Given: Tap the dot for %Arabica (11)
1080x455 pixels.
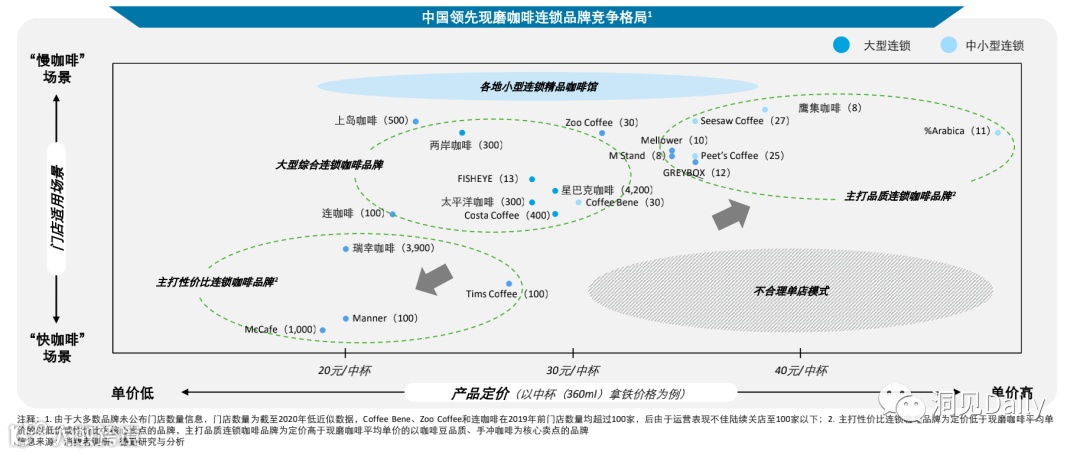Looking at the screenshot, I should click(x=997, y=132).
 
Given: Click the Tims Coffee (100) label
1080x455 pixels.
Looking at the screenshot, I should click(x=507, y=294).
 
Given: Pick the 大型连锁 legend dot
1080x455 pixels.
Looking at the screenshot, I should click(x=842, y=45).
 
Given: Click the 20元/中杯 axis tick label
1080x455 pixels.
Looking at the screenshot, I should click(x=345, y=371).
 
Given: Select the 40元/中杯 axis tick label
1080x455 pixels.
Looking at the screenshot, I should click(x=801, y=371).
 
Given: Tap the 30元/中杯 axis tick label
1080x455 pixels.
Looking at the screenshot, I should click(x=573, y=371).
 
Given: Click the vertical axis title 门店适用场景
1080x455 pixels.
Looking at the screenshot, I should click(x=57, y=206).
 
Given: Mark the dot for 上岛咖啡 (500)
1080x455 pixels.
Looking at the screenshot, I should click(x=416, y=121).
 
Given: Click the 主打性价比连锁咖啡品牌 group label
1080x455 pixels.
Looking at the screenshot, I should click(x=216, y=283).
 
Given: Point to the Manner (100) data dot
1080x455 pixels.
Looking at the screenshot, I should click(x=346, y=318).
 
